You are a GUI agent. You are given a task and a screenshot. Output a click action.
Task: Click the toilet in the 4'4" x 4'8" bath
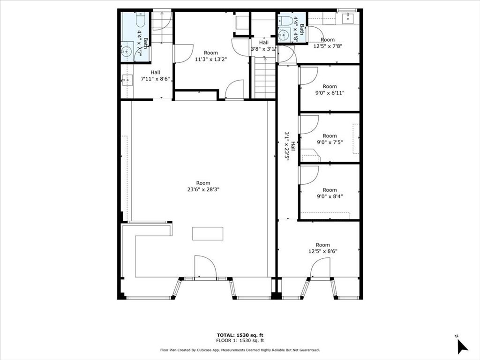tap(285, 21)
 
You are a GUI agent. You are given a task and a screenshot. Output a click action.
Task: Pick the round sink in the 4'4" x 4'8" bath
tap(283, 35)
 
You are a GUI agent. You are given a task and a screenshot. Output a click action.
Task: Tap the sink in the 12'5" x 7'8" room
tap(348, 18)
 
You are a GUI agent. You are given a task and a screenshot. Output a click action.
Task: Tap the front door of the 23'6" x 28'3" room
tap(205, 268)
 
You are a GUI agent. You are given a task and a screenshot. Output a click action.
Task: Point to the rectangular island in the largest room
tap(208, 233)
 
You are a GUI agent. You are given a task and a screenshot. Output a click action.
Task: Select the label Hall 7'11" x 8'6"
tap(155, 75)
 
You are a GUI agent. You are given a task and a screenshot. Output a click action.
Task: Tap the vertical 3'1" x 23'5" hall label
tap(290, 146)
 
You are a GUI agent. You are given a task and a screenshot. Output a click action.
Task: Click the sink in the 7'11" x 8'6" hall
tap(127, 81)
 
